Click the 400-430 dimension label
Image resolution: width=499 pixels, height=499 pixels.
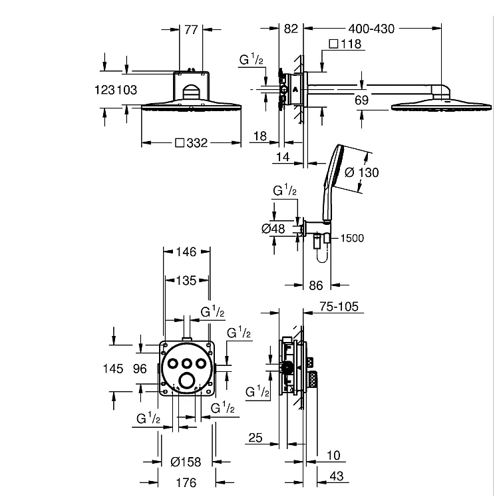click(371, 29)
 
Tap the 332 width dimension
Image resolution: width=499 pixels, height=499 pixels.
click(192, 143)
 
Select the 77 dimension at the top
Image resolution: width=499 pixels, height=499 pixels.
click(191, 30)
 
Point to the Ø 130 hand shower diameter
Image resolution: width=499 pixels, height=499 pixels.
click(362, 173)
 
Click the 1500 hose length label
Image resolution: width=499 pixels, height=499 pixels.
click(352, 238)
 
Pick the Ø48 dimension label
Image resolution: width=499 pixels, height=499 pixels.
click(273, 228)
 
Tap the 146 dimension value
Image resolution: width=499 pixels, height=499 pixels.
click(186, 252)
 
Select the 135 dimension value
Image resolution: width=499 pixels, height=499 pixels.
click(186, 281)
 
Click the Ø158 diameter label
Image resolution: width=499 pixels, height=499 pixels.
click(186, 462)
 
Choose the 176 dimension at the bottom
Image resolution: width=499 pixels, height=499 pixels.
click(186, 483)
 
